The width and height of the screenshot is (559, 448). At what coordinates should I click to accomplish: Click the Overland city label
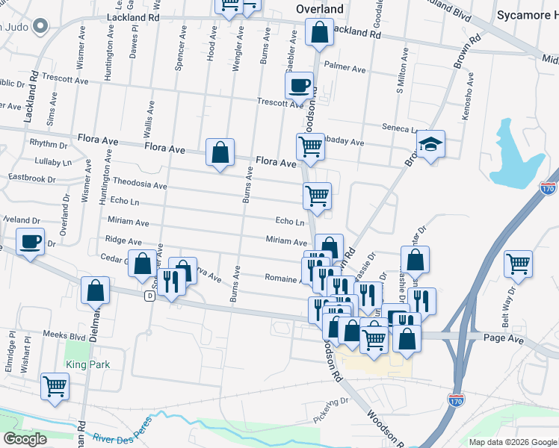[x=319, y=9]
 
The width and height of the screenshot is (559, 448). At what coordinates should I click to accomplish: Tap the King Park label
[x=87, y=364]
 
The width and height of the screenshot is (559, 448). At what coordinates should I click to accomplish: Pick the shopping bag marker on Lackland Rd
[x=319, y=33]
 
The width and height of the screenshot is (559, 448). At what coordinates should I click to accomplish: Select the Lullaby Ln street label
[x=52, y=161]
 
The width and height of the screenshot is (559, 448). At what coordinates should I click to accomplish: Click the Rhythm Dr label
[x=48, y=143]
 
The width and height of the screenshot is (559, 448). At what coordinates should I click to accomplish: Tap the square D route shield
[x=150, y=296]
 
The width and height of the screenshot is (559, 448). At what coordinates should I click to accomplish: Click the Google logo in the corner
[x=25, y=439]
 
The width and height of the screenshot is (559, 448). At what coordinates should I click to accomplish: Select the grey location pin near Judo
[x=41, y=28]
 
